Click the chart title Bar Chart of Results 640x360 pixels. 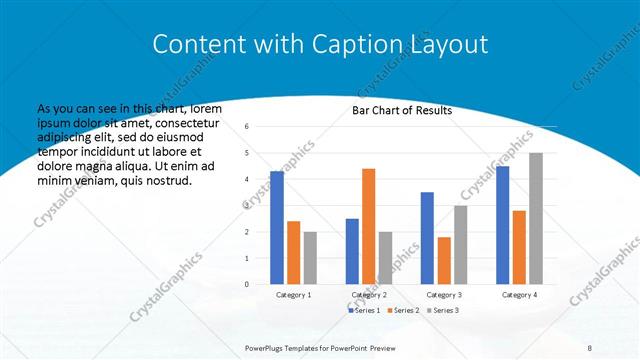point(402,110)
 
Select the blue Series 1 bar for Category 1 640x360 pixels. point(277,227)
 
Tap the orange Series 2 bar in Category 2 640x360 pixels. point(368,226)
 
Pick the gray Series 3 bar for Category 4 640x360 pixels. point(536,218)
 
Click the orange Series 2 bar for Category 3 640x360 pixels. point(444,260)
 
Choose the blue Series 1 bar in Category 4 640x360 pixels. point(502,225)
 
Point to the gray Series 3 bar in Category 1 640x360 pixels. point(310,258)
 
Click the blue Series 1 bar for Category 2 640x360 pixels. point(352,251)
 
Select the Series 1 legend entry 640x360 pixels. point(364,312)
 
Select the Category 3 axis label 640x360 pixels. point(444,295)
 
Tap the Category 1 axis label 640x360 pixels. point(293,295)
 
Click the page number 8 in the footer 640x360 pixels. point(590,348)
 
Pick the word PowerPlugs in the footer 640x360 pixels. point(267,348)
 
